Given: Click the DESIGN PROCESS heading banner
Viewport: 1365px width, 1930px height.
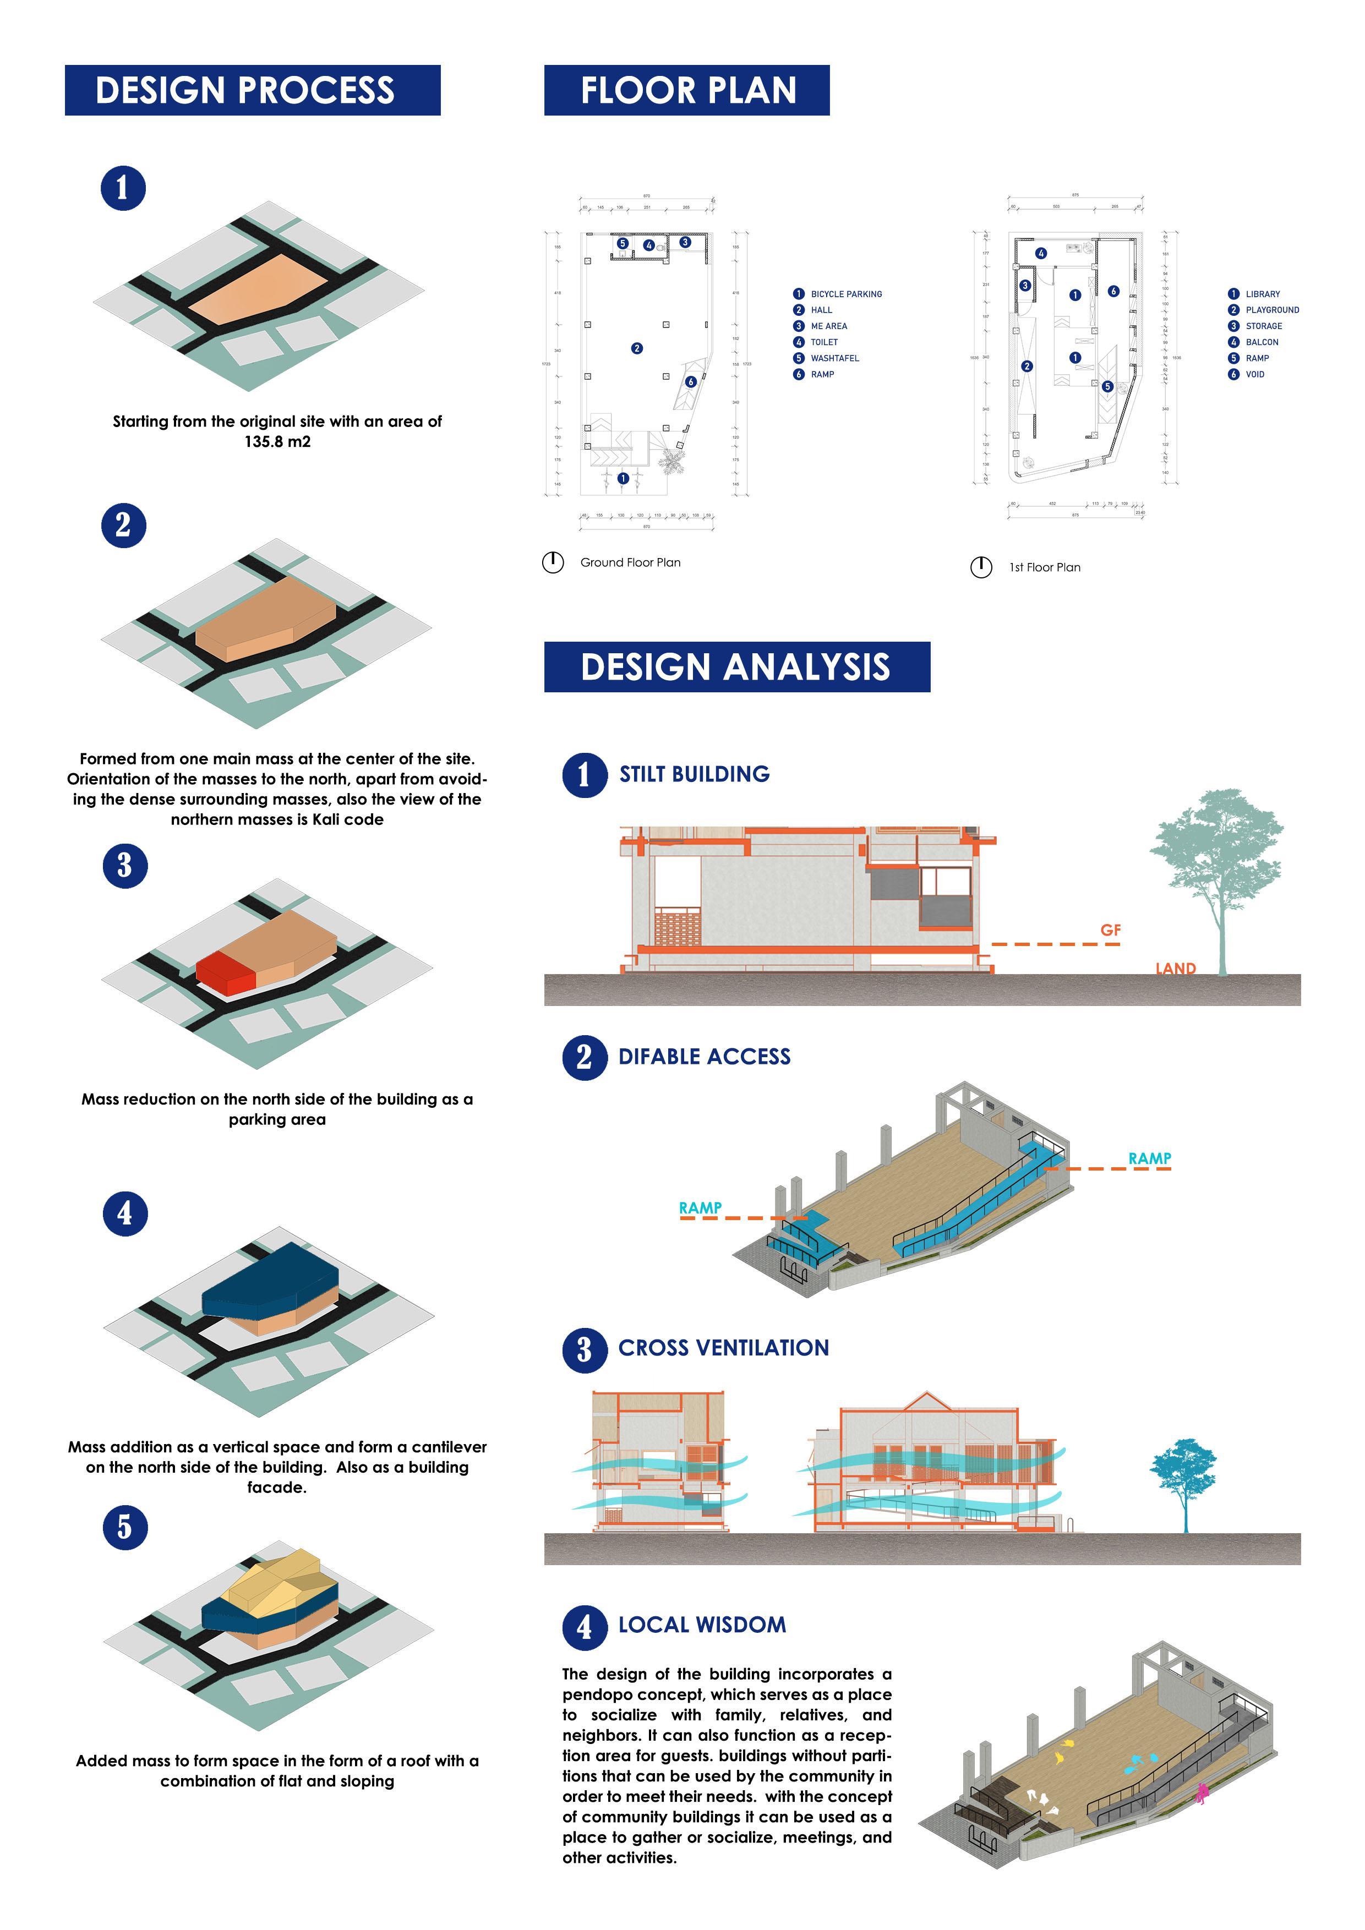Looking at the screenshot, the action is (252, 90).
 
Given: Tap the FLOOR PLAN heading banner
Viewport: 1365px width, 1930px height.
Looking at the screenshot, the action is (687, 90).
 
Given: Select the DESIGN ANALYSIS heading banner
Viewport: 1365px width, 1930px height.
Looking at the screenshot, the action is (736, 666).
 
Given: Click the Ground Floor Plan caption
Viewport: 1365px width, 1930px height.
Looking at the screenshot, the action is (630, 562).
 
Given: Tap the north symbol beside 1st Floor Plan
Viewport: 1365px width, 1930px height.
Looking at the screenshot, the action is (981, 567).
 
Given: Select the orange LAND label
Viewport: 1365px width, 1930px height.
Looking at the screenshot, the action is (1175, 969).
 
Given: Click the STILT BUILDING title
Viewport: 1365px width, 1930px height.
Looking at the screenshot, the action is (694, 774).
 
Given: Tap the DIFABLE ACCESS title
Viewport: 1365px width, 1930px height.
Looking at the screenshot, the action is (705, 1057).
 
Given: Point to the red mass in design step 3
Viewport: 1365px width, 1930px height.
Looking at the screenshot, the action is (225, 974).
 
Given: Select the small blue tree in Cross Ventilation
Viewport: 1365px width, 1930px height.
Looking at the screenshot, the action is (1183, 1475).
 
